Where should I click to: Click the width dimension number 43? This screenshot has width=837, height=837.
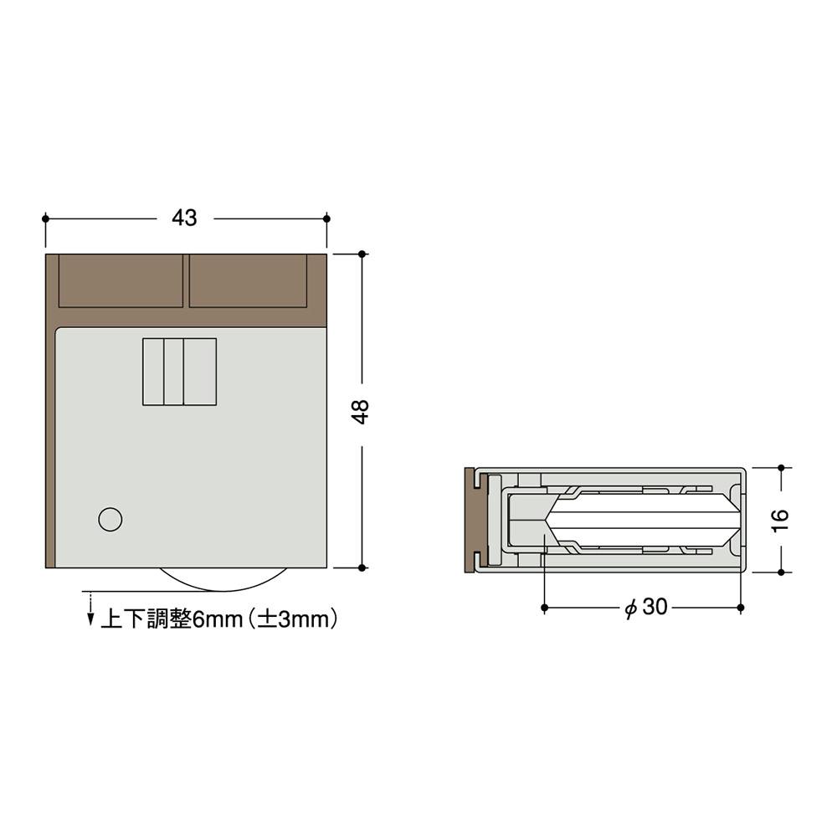pyautogui.click(x=184, y=218)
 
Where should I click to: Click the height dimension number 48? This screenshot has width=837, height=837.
pyautogui.click(x=361, y=411)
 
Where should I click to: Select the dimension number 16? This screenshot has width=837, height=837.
pyautogui.click(x=779, y=519)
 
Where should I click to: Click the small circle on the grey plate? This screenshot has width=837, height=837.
pyautogui.click(x=110, y=519)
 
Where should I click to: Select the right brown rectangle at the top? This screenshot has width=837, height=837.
pyautogui.click(x=247, y=280)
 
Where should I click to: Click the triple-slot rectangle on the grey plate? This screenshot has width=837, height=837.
pyautogui.click(x=180, y=372)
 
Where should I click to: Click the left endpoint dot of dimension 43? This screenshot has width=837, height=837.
pyautogui.click(x=45, y=218)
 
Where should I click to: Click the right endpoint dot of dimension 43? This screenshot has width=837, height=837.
pyautogui.click(x=326, y=218)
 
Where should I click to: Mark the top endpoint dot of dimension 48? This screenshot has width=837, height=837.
pyautogui.click(x=362, y=253)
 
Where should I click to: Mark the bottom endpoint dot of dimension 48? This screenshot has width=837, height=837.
pyautogui.click(x=362, y=567)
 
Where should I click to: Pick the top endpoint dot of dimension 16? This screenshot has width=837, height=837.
pyautogui.click(x=780, y=467)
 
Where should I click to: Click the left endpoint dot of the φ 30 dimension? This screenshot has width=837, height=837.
pyautogui.click(x=544, y=607)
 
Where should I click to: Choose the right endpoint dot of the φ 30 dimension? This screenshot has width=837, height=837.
pyautogui.click(x=742, y=607)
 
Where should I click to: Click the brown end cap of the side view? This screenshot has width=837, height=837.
pyautogui.click(x=470, y=520)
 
